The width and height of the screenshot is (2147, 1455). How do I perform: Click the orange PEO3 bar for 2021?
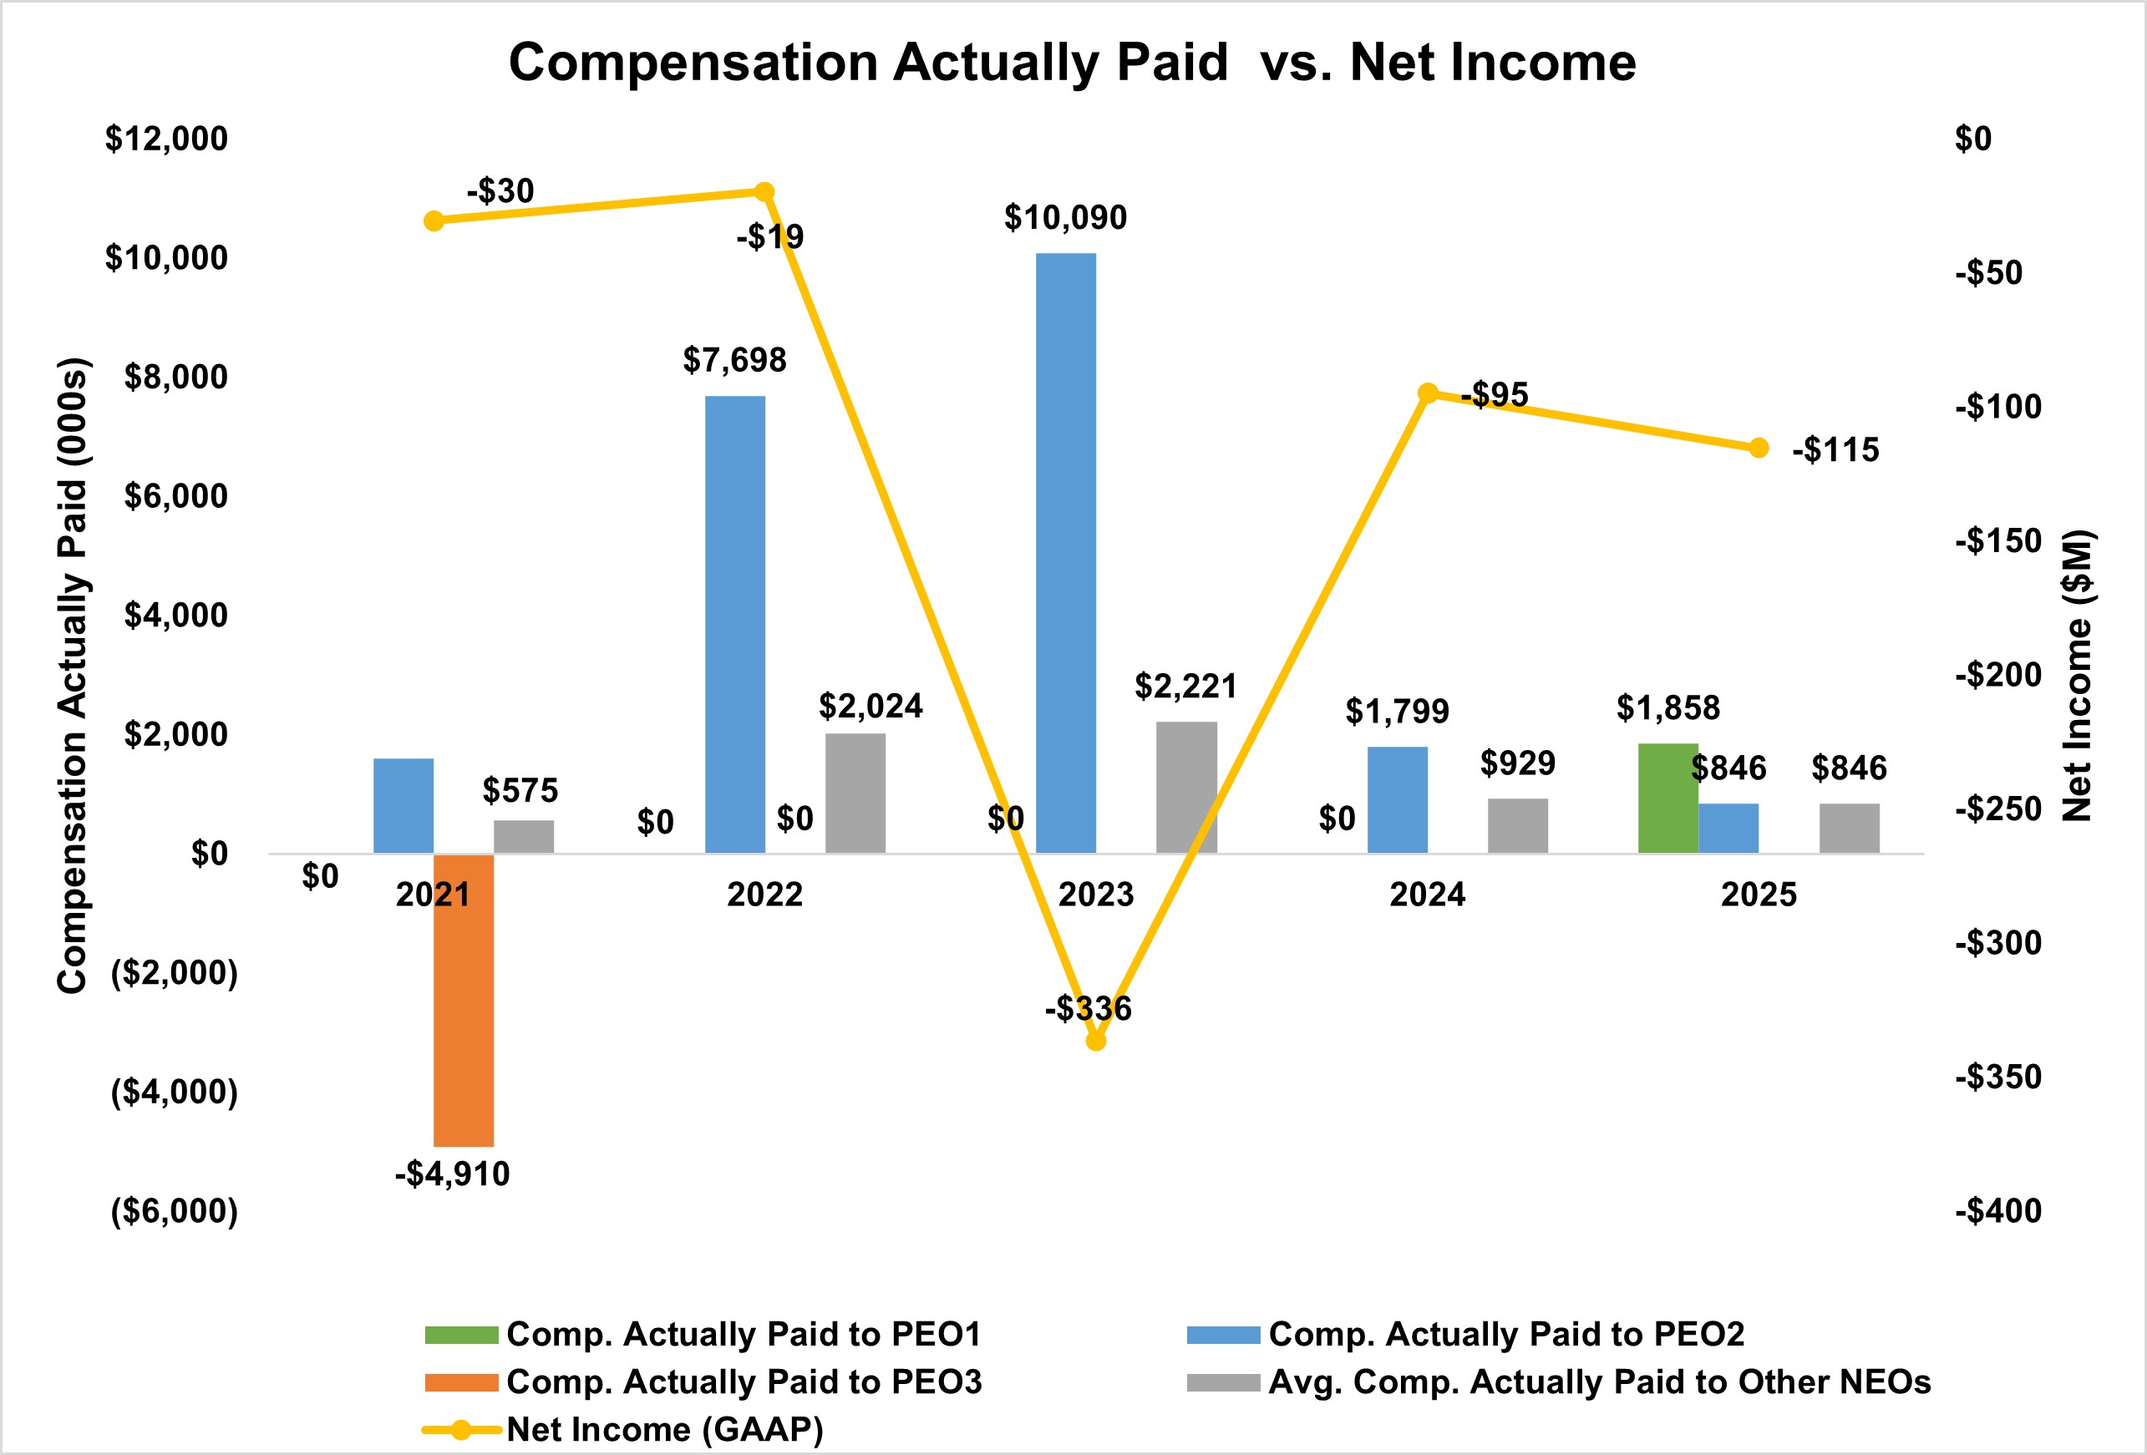point(464,1000)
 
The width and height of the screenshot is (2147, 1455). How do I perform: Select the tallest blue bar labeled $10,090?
point(1066,552)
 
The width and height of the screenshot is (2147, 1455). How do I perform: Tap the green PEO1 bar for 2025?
point(1668,798)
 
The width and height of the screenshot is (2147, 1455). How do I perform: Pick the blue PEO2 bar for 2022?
point(735,625)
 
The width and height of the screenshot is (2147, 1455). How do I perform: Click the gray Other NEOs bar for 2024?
point(1518,826)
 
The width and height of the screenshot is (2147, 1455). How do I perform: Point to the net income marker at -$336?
point(1096,1041)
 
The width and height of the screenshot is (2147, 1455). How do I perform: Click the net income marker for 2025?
point(1759,448)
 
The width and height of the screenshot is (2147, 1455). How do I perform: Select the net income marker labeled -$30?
point(434,221)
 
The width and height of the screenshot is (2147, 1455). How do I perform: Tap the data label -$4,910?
point(453,1174)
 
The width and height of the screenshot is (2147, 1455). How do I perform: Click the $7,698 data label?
point(734,360)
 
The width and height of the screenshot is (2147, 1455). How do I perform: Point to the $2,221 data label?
point(1185,687)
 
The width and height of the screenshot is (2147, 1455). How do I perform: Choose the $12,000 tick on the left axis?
point(166,139)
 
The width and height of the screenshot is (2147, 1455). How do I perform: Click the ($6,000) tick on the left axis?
point(175,1211)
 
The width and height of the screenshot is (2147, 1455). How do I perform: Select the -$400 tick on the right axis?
point(1998,1211)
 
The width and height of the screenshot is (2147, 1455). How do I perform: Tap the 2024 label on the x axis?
point(1428,895)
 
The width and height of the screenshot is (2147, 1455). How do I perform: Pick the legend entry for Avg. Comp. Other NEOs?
point(1560,1382)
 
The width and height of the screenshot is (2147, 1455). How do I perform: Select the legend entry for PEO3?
point(704,1382)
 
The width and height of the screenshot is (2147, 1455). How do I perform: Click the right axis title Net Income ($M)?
point(2078,676)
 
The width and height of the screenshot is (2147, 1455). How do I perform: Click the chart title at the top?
point(1073,63)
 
